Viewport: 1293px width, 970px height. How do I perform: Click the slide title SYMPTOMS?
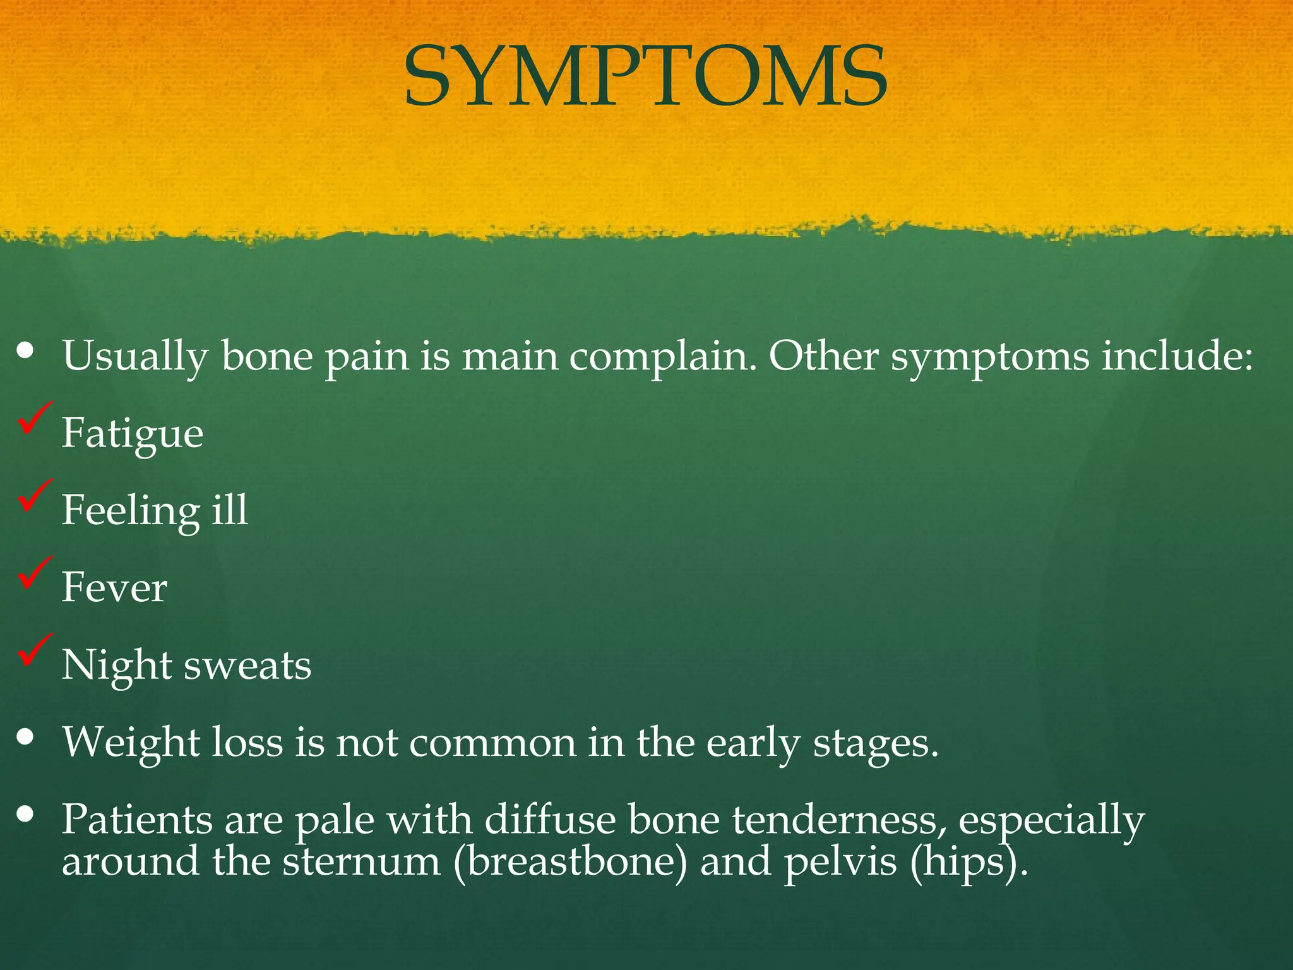(x=646, y=76)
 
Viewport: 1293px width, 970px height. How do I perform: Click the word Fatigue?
(x=133, y=434)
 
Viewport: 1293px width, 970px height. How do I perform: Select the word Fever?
(x=114, y=588)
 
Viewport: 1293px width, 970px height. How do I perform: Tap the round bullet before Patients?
(x=25, y=814)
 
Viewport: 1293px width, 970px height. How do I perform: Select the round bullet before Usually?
(x=25, y=350)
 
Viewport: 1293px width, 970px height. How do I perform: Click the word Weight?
(x=131, y=743)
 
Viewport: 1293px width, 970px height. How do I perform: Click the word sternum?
(x=361, y=862)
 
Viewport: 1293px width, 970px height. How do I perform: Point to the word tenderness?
(x=840, y=820)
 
